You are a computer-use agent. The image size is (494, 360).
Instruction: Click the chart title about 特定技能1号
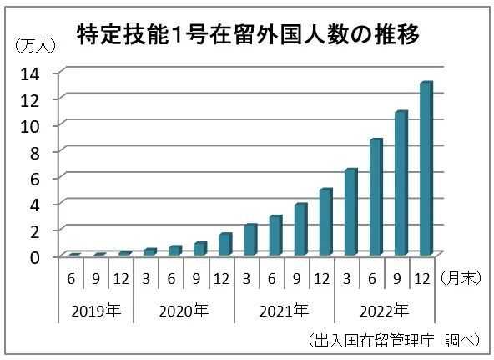coord(248,34)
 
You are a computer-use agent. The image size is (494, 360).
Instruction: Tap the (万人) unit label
coord(35,46)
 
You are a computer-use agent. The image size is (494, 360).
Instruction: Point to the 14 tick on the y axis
coord(30,74)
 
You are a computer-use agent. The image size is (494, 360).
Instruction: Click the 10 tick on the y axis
coord(30,127)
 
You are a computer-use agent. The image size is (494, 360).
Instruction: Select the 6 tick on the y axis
coord(35,180)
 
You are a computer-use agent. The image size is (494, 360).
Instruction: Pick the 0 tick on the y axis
coord(35,257)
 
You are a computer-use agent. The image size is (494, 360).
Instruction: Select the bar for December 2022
coord(426,168)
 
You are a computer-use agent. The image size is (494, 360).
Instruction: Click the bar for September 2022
coord(401,183)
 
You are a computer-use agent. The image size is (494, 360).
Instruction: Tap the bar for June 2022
coord(376,197)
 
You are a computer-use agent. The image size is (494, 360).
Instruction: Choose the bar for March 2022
coord(351,212)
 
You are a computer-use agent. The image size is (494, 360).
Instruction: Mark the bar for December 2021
coord(326,221)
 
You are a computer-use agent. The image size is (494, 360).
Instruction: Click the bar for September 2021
coord(301,229)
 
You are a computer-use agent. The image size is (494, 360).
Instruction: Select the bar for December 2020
coord(225,244)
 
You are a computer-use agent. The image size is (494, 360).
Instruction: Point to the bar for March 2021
coord(250,239)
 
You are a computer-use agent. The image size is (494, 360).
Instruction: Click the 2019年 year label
coord(96,312)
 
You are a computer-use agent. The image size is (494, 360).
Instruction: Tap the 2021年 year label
coord(285,312)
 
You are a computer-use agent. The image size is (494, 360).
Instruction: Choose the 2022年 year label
coord(385,312)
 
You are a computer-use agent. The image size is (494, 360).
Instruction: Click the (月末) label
coord(461,278)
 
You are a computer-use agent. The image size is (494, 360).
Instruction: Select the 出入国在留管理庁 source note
coord(373,341)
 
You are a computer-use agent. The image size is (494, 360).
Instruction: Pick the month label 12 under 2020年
coord(221,279)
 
